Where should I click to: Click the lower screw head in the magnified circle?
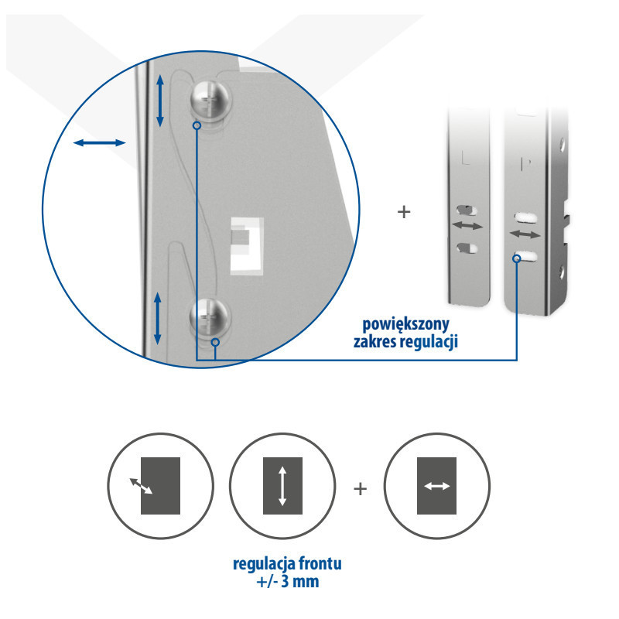210,317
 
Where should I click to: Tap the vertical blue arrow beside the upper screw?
160,101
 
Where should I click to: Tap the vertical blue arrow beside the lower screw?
158,318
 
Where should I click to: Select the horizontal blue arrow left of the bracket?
100,142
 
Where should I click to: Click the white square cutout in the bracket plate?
247,245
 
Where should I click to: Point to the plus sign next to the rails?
404,212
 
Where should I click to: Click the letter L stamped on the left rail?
466,157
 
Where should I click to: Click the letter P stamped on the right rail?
526,164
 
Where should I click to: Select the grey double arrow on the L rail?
467,226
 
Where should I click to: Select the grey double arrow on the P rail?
525,234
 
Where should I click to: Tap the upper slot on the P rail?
525,217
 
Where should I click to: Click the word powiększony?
405,324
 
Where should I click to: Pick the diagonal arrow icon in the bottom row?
161,486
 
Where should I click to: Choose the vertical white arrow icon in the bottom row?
282,486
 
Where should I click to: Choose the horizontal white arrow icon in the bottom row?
436,486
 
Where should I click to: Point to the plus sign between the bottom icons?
360,489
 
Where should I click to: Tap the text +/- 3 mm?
288,582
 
